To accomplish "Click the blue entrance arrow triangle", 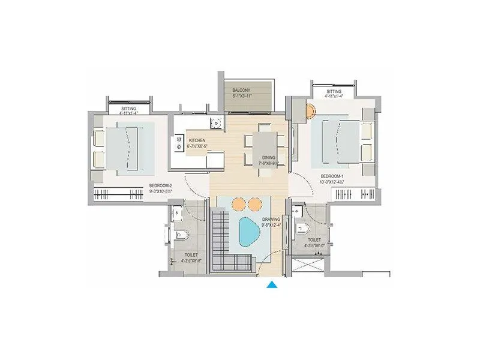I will point(272,286).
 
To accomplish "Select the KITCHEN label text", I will point(198,139).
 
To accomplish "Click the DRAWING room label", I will point(271,220).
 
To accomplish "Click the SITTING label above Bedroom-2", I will point(128,108).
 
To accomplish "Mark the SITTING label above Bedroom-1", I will point(333,90).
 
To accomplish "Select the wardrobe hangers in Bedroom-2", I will point(120,195).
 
